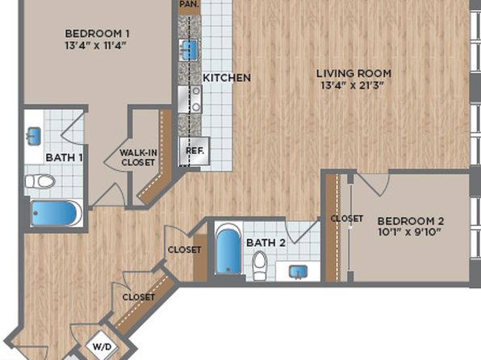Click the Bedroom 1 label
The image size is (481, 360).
(x=97, y=33)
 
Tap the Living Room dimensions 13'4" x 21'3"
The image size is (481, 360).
(x=353, y=86)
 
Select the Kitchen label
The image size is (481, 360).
(x=227, y=77)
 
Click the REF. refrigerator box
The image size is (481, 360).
(x=194, y=151)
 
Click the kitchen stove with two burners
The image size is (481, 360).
(x=190, y=98)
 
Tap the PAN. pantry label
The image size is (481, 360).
(x=190, y=5)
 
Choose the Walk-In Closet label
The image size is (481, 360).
(x=138, y=157)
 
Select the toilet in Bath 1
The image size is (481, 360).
(x=40, y=182)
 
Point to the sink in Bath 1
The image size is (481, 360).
(x=33, y=136)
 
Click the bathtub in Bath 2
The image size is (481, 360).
(x=228, y=249)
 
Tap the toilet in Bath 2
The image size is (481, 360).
(x=260, y=265)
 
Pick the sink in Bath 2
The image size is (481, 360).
(x=298, y=272)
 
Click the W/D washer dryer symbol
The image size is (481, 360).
(x=102, y=347)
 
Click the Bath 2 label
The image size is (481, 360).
(x=266, y=243)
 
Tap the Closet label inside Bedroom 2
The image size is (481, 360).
(x=347, y=218)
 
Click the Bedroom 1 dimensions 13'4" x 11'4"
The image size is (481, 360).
(x=96, y=45)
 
